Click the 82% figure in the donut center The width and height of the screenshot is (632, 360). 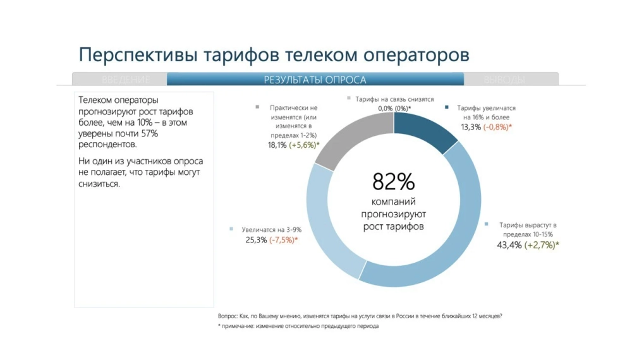[x=393, y=182]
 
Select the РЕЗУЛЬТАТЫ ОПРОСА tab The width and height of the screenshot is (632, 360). [x=315, y=80]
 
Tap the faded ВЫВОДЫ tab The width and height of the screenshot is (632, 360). [x=504, y=80]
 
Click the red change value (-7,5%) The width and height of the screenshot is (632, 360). [x=283, y=240]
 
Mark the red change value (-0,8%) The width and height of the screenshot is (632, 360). [x=497, y=127]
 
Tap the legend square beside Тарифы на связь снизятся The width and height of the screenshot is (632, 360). [x=348, y=99]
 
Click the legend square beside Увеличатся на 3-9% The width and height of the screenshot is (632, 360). [x=233, y=229]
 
